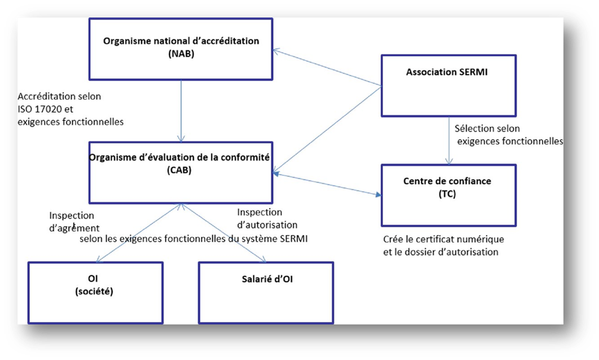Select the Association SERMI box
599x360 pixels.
click(x=449, y=83)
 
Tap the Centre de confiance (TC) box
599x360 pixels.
click(x=449, y=195)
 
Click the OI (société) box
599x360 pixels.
click(x=95, y=292)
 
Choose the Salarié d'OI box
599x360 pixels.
click(x=265, y=292)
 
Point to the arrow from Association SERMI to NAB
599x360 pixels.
click(x=327, y=68)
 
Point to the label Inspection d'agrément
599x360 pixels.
click(x=73, y=222)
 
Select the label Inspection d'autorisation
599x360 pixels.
click(x=260, y=218)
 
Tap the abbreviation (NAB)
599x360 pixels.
click(x=181, y=54)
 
